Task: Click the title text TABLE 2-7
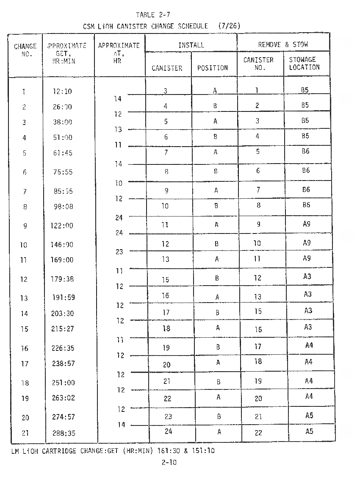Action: (153, 15)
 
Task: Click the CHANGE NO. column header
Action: (25, 50)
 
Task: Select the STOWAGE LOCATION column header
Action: (304, 63)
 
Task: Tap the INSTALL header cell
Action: (191, 44)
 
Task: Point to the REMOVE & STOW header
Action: (283, 44)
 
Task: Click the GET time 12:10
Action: (62, 92)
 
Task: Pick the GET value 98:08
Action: (63, 206)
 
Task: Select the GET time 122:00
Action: (62, 225)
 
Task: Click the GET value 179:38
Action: (63, 279)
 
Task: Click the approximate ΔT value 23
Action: (119, 252)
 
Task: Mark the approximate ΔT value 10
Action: (118, 183)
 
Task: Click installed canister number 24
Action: (168, 431)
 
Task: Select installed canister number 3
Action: (166, 91)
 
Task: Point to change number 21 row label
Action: (25, 433)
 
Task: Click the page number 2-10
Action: (169, 462)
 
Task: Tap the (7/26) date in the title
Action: (229, 26)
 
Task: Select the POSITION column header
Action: (213, 68)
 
